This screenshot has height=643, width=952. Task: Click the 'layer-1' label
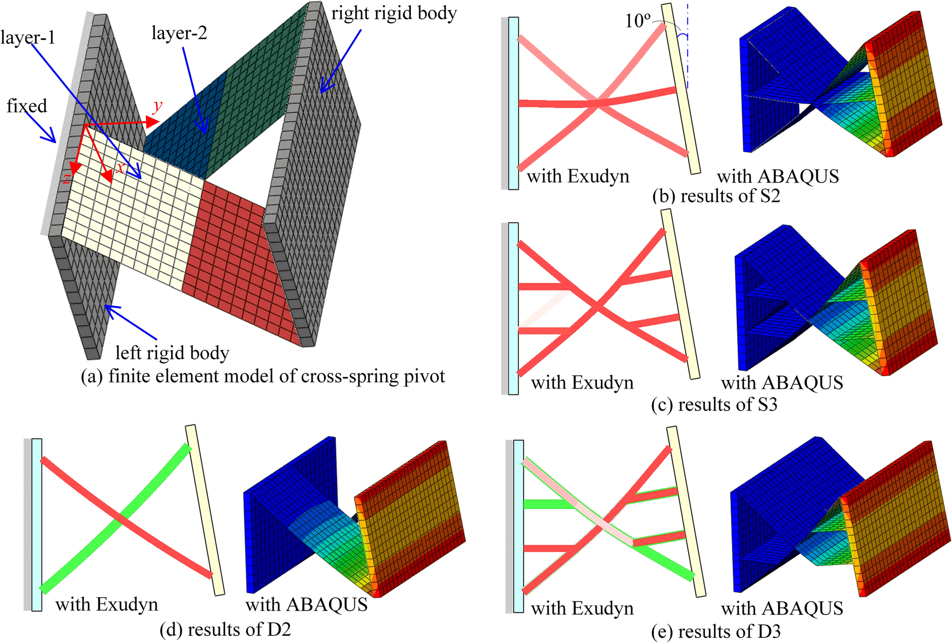28,37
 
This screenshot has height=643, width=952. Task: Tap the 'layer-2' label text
179,34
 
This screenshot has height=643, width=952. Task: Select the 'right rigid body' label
394,13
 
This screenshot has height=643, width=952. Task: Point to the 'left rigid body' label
172,352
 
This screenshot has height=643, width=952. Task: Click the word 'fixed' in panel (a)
27,106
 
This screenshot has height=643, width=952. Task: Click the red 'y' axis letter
158,105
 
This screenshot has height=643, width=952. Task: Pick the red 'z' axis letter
66,177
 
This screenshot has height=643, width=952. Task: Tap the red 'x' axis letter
120,168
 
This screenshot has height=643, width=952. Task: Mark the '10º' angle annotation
638,21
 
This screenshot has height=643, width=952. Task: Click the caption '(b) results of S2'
716,196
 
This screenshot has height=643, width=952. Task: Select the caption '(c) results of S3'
714,404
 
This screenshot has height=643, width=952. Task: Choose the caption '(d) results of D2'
225,630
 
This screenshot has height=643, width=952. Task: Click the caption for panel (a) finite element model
263,376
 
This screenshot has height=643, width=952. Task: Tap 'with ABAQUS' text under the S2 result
778,176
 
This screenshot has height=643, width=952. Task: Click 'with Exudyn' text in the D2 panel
107,605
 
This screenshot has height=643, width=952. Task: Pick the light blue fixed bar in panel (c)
513,308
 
